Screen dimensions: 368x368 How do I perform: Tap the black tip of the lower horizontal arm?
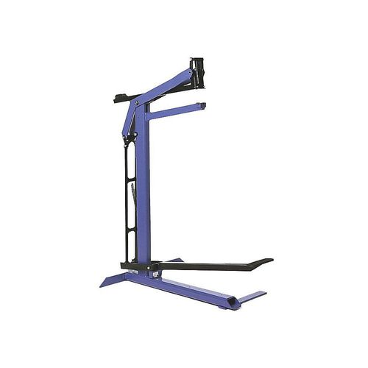point(202,106)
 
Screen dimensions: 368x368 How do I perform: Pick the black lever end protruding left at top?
point(119,98)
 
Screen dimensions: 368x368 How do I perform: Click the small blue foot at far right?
point(254,296)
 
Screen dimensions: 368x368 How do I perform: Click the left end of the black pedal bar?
point(125,266)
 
